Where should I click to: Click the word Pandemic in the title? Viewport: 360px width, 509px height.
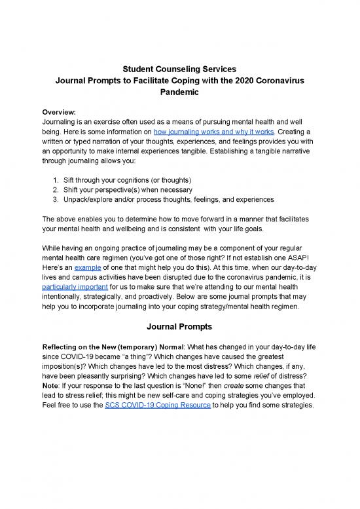179,93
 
